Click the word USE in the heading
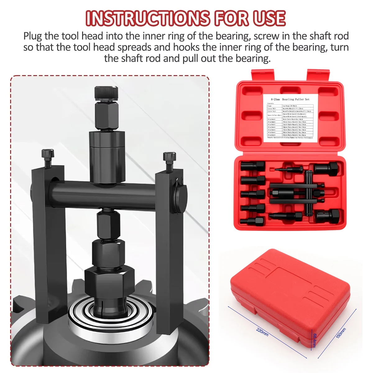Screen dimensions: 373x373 269,18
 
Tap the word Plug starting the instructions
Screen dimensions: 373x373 33,36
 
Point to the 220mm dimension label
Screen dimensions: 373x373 262,332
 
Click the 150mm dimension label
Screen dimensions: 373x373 341,333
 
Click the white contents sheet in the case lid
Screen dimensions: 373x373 290,118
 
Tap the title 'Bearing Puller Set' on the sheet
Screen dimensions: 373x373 296,99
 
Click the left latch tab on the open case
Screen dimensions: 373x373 264,76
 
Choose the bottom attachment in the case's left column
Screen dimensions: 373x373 252,221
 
